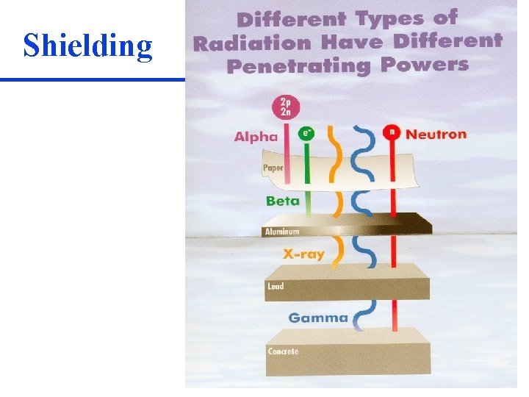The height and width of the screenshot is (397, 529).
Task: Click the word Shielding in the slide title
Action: tap(88, 46)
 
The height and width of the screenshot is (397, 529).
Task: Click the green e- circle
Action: tap(306, 134)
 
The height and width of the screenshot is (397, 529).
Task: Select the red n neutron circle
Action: tap(392, 133)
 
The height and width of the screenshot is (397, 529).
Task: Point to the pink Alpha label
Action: tap(256, 136)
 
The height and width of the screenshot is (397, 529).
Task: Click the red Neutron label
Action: tap(436, 134)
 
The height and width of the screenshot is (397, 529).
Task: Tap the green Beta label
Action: tap(283, 200)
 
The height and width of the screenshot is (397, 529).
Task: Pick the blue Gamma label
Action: tap(317, 318)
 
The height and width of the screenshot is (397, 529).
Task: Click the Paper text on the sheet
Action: tap(273, 168)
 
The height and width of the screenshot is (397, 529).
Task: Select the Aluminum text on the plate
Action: tap(282, 232)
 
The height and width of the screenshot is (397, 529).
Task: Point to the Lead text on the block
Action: tap(276, 286)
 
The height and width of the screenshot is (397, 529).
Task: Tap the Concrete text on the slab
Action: tap(283, 351)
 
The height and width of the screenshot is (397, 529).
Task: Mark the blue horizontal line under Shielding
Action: tap(92, 79)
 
